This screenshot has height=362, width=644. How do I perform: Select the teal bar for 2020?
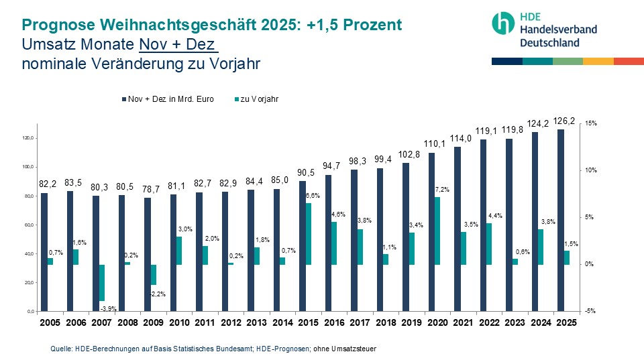point(437,231)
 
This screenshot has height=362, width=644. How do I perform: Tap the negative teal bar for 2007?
point(102,282)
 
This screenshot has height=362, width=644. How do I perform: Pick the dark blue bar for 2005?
point(44,252)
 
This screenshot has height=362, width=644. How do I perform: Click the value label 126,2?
point(563,121)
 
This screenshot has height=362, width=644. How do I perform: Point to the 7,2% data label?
point(442,190)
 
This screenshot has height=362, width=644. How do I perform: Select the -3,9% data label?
point(107,308)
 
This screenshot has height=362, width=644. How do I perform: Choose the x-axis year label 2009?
point(153,322)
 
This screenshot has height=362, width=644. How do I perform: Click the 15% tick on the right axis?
point(591,124)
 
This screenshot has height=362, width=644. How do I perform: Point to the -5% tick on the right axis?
point(591,311)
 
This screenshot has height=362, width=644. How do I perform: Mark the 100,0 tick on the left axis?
point(29,167)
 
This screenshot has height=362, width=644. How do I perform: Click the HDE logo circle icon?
point(502,23)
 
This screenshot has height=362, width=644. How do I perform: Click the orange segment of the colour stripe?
point(598,61)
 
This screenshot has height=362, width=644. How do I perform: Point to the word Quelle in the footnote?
point(61,349)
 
